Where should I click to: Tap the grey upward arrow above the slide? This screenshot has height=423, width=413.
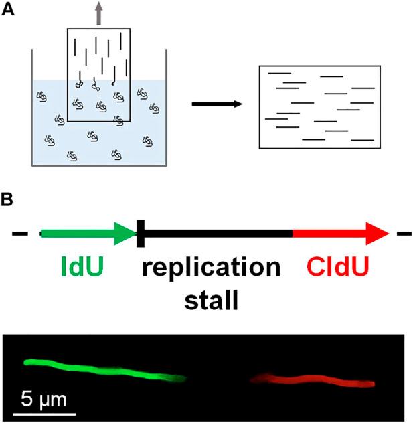(99, 13)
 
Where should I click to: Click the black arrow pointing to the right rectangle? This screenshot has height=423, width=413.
(213, 104)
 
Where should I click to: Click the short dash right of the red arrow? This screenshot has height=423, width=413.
(404, 234)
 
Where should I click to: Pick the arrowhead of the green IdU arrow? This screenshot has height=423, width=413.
(127, 234)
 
